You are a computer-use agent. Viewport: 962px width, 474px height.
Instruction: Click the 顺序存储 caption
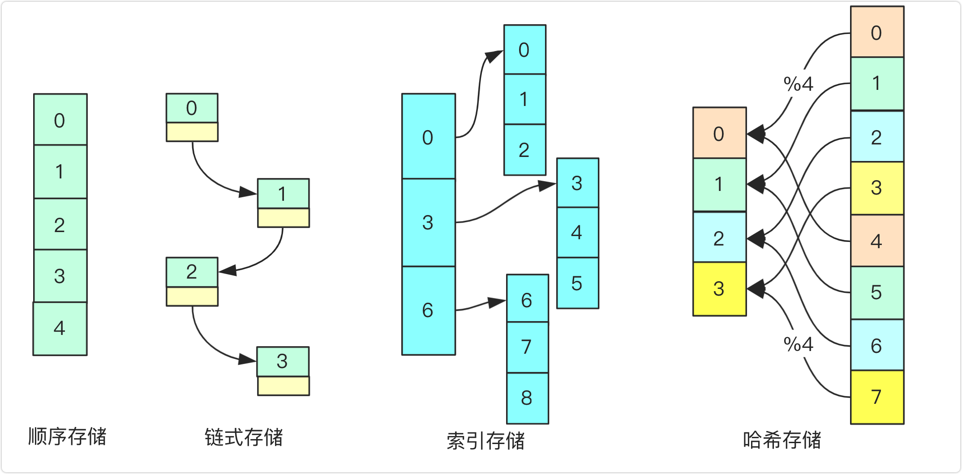pyautogui.click(x=67, y=437)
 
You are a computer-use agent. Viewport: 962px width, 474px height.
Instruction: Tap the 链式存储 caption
pyautogui.click(x=244, y=438)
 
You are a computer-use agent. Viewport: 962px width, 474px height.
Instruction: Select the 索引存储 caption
pyautogui.click(x=485, y=441)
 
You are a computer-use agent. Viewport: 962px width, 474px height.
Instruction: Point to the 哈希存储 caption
pyautogui.click(x=782, y=440)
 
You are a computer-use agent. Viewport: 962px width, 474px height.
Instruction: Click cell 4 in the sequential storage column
pyautogui.click(x=60, y=329)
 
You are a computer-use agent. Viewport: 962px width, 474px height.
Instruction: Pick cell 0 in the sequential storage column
pyautogui.click(x=60, y=120)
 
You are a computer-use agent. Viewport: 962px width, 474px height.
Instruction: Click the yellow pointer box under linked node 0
pyautogui.click(x=192, y=132)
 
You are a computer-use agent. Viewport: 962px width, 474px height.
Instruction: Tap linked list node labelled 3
pyautogui.click(x=283, y=361)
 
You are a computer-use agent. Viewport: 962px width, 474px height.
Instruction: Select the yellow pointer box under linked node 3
pyautogui.click(x=283, y=386)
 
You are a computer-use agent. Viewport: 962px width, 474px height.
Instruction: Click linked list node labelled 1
pyautogui.click(x=283, y=194)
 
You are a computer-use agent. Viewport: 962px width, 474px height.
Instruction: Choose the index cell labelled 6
pyautogui.click(x=429, y=310)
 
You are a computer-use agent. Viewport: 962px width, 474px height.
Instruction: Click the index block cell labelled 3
pyautogui.click(x=429, y=222)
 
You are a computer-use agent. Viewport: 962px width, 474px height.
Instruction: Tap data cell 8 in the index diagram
pyautogui.click(x=527, y=398)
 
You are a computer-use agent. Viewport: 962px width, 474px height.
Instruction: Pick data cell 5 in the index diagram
pyautogui.click(x=577, y=283)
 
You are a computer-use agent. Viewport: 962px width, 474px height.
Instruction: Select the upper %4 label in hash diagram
pyautogui.click(x=798, y=84)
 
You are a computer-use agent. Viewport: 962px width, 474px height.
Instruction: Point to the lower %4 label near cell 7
pyautogui.click(x=798, y=344)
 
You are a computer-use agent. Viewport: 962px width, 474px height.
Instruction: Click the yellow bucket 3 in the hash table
pyautogui.click(x=719, y=289)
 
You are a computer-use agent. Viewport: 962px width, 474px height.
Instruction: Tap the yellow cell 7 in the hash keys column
pyautogui.click(x=877, y=397)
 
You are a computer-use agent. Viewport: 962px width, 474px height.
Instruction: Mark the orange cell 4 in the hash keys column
pyautogui.click(x=877, y=241)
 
